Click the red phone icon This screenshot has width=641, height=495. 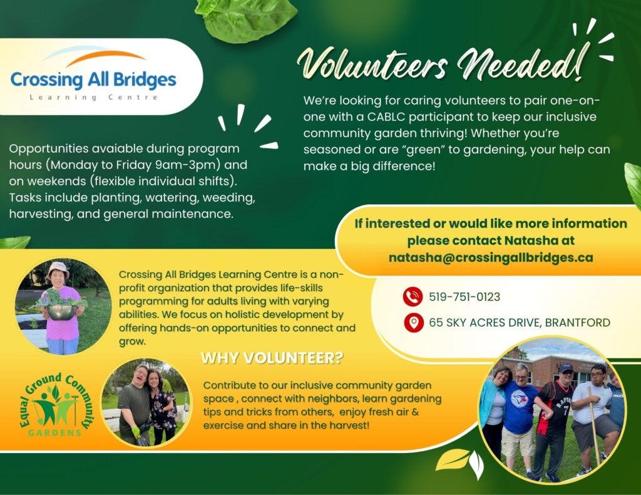413,297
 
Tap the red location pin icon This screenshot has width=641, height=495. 414,322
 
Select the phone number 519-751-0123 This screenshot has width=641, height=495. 464,297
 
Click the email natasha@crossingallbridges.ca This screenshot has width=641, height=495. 491,258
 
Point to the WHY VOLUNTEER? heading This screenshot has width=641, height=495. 272,358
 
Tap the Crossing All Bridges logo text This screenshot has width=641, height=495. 93,79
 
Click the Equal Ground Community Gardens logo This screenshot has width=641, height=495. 57,404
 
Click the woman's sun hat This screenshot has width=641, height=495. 58,269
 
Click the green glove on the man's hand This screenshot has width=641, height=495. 136,432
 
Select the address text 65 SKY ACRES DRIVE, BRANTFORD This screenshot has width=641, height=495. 520,322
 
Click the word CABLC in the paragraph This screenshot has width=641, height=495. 386,117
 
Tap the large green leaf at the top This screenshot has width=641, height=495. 246,19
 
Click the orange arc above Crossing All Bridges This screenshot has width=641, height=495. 105,57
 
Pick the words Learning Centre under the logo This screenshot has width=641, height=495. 94,97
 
